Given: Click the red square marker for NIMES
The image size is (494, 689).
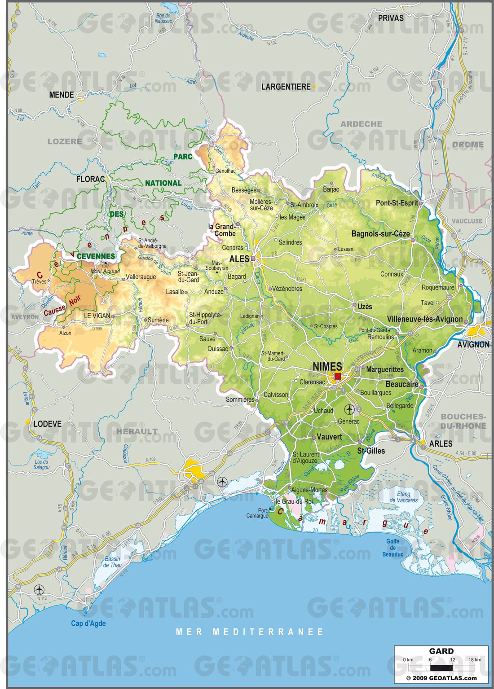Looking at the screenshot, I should (x=338, y=376).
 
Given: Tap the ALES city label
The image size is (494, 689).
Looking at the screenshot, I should (x=239, y=259).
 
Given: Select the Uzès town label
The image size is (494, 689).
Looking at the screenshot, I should (x=365, y=307).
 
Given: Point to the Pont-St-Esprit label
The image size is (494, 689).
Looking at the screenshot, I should (x=397, y=203).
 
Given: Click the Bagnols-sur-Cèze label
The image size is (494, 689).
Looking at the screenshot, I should (x=380, y=234).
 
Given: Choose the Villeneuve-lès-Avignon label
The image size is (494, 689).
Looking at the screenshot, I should (x=425, y=319).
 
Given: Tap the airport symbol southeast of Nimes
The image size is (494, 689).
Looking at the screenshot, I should (x=349, y=409).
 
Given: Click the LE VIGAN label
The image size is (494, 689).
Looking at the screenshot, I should (x=97, y=316).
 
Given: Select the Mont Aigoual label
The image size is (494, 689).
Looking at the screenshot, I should (x=105, y=271).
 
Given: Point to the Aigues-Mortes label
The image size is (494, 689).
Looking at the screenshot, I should (x=309, y=490).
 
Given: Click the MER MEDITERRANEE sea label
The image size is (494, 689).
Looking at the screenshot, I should (x=249, y=632).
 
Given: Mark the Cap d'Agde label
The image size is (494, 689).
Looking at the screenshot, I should (x=88, y=623).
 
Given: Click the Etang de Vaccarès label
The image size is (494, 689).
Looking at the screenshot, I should (x=403, y=497).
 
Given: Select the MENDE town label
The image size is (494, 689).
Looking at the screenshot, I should (x=62, y=95).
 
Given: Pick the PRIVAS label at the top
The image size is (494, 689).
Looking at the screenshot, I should (x=390, y=18).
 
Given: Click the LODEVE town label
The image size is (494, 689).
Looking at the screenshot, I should (x=48, y=424).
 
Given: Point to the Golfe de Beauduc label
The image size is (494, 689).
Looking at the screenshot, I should (x=393, y=548).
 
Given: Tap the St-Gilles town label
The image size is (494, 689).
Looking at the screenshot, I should (x=371, y=451).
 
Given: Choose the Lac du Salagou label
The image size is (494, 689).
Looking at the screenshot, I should (x=41, y=464).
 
